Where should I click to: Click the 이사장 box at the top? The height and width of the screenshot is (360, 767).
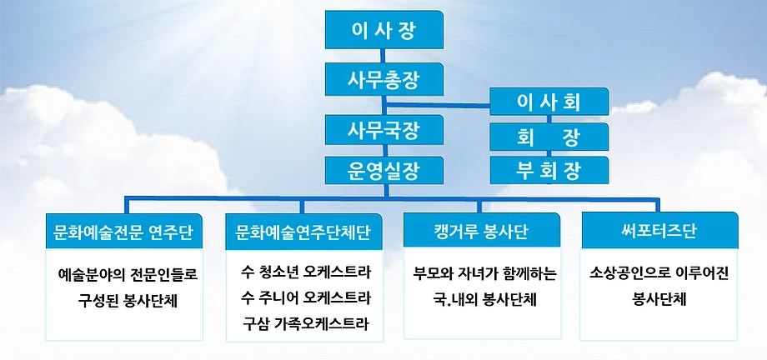(x=384, y=29)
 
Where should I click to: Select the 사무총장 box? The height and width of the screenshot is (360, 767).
(x=384, y=79)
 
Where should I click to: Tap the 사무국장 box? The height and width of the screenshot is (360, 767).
(x=384, y=130)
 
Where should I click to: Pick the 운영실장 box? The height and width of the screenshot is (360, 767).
(x=384, y=170)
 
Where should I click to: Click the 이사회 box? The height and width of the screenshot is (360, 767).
(x=549, y=102)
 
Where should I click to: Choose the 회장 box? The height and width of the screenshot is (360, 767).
(x=549, y=137)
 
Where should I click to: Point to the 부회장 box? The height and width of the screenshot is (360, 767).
(x=549, y=170)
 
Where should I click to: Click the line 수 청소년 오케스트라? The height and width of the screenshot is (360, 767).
(x=306, y=272)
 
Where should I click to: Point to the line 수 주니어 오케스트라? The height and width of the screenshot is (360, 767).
(x=306, y=297)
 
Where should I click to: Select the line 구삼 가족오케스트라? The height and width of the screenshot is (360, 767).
(x=306, y=322)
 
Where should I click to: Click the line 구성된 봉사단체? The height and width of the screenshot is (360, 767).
(x=128, y=300)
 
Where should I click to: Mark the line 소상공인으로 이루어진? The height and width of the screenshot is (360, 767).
(x=659, y=273)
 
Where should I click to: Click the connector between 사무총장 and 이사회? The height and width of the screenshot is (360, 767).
(x=438, y=104)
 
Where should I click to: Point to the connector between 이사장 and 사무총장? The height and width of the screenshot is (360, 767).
(x=384, y=56)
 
